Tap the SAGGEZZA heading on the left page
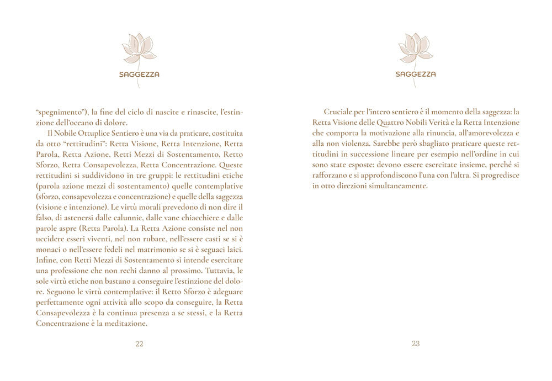point(139,74)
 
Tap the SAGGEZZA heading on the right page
point(416,74)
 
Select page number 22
point(139,343)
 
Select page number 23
point(416,343)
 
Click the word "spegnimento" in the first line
point(59,112)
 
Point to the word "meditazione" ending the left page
point(122,324)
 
